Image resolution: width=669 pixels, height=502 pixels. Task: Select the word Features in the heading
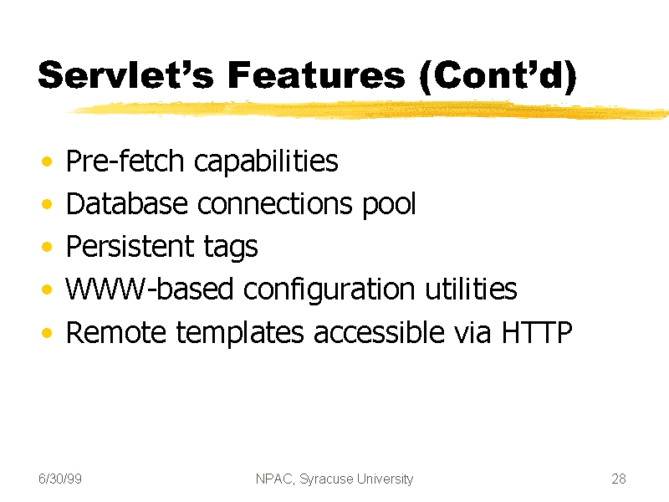point(316,74)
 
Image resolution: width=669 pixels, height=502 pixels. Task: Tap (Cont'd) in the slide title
point(498,77)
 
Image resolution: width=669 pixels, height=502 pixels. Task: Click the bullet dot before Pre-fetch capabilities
point(47,161)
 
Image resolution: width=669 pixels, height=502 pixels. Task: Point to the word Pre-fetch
point(125,161)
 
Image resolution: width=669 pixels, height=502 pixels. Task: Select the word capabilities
point(266,161)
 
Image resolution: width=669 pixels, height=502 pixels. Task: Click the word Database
point(127,203)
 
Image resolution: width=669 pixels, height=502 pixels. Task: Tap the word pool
point(389,204)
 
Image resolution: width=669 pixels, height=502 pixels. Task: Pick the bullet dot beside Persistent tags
point(47,247)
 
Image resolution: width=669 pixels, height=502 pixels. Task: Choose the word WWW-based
point(150,289)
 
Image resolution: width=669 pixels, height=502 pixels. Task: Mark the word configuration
point(329,289)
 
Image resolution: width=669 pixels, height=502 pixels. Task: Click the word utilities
point(471,289)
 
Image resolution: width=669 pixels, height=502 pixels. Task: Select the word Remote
point(116,331)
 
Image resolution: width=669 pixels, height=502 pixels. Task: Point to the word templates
point(240,333)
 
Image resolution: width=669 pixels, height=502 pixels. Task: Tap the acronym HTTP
point(537,331)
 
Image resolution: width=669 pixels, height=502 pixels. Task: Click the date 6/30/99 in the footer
point(60,479)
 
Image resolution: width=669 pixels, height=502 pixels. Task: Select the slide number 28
point(619,479)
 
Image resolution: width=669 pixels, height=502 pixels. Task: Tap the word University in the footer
point(386,479)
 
